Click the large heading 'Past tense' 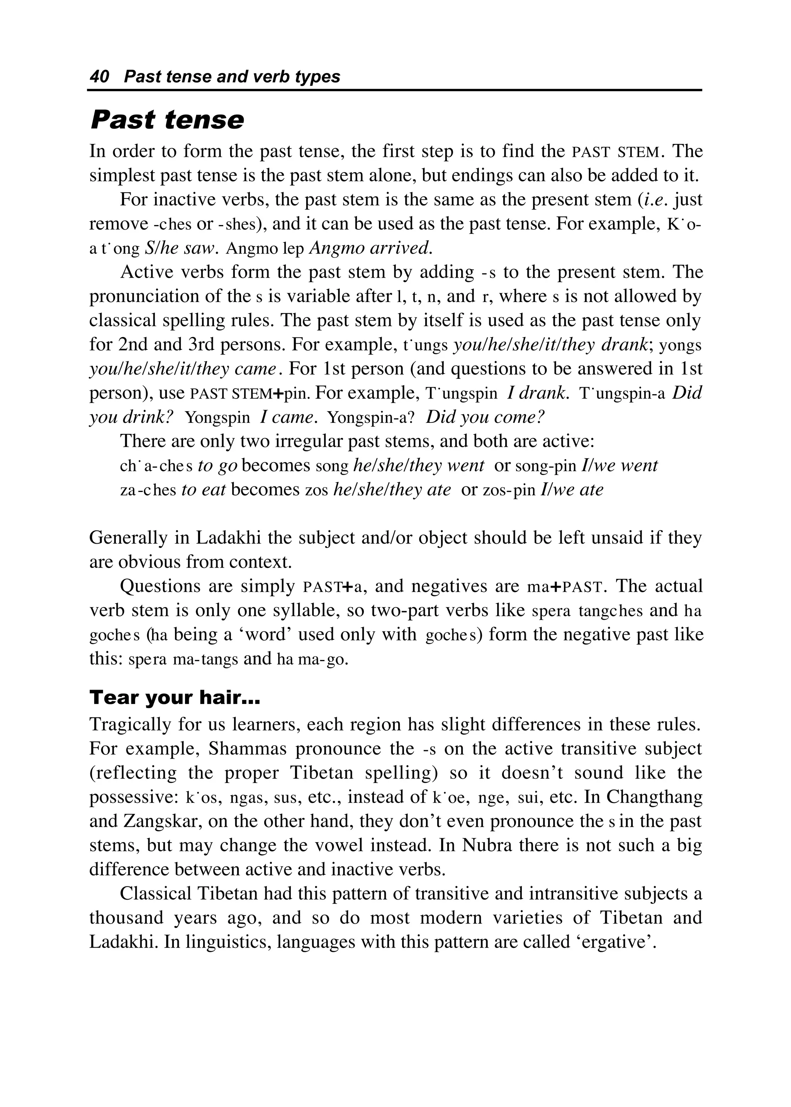tap(167, 120)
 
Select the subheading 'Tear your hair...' tap(175, 698)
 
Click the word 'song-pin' tap(545, 466)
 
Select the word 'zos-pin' tap(509, 490)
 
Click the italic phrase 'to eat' tap(203, 490)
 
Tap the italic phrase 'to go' tap(217, 466)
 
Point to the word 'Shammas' tap(248, 749)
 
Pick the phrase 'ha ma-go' tap(312, 659)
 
